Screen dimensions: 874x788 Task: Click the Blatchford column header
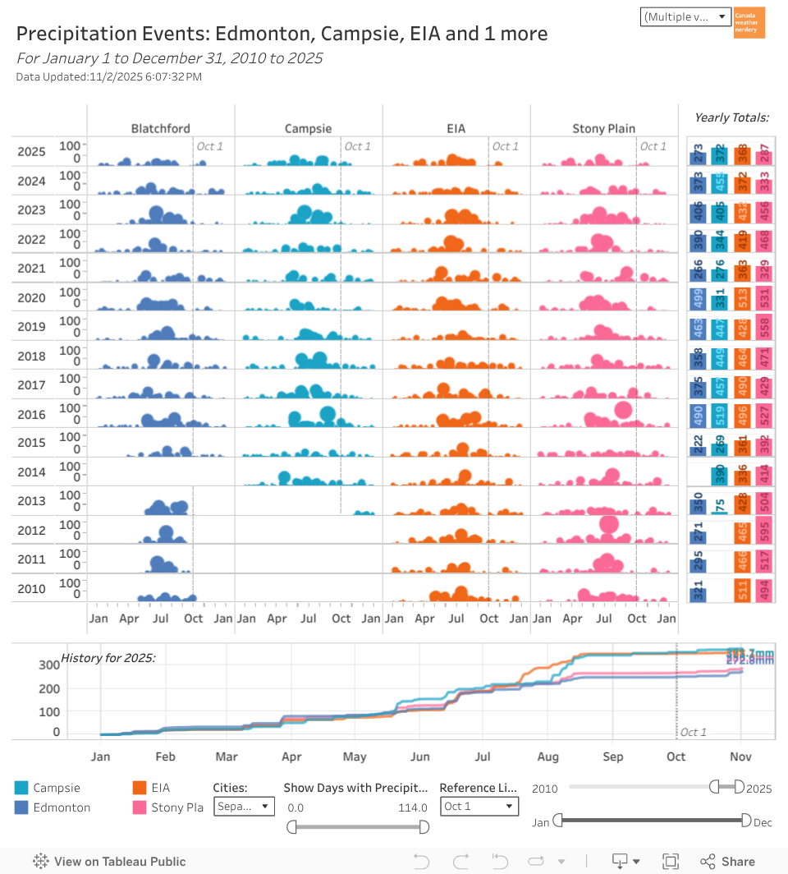(x=161, y=128)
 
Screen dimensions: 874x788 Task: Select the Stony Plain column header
(x=603, y=128)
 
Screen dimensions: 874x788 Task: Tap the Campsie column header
(x=308, y=128)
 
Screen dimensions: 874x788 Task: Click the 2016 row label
(x=31, y=415)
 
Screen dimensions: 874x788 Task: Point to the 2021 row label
(x=31, y=269)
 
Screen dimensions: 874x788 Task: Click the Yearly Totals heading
(x=731, y=117)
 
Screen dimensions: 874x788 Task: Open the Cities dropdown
(x=244, y=807)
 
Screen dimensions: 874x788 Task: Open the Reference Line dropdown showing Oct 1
(x=479, y=807)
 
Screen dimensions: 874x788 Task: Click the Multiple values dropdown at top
(x=685, y=17)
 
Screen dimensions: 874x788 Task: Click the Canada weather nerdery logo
(x=749, y=23)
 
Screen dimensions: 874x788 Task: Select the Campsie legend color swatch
(x=22, y=788)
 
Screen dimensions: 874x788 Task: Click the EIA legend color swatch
(x=140, y=788)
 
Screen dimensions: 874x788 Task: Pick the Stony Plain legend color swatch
(x=140, y=807)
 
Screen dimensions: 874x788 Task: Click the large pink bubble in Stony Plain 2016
(x=623, y=410)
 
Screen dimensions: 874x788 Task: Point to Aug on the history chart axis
(x=547, y=757)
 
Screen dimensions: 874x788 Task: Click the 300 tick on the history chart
(x=51, y=665)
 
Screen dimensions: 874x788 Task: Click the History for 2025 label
(x=108, y=658)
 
